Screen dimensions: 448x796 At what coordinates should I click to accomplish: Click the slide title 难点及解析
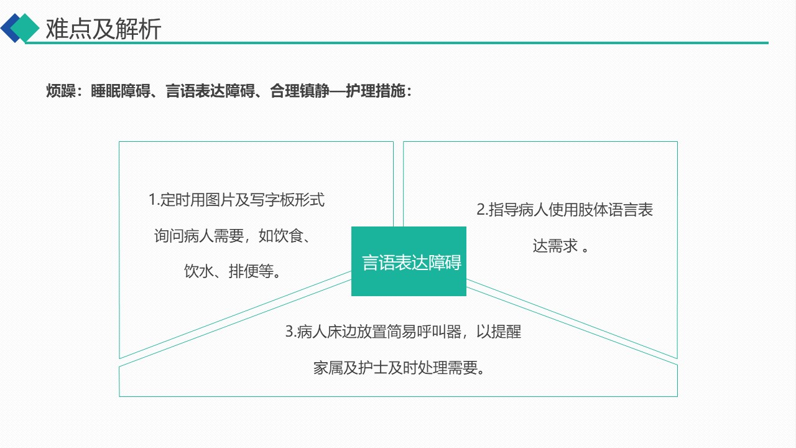click(x=103, y=29)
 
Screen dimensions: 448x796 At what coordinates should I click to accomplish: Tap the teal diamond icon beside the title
click(x=25, y=28)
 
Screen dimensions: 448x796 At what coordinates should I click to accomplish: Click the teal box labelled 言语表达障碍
click(x=409, y=261)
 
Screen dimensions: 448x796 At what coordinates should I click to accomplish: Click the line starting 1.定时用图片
click(x=236, y=200)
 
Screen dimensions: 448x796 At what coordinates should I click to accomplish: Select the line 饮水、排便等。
click(x=232, y=272)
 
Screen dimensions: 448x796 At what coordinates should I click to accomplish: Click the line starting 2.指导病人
click(x=565, y=210)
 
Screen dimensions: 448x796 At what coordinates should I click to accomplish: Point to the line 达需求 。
click(x=560, y=246)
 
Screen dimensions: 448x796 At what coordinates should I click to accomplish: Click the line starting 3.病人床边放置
click(x=403, y=332)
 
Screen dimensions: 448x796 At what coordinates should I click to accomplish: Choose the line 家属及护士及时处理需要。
click(x=399, y=368)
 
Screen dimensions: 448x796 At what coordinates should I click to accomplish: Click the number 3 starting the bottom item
click(x=289, y=332)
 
